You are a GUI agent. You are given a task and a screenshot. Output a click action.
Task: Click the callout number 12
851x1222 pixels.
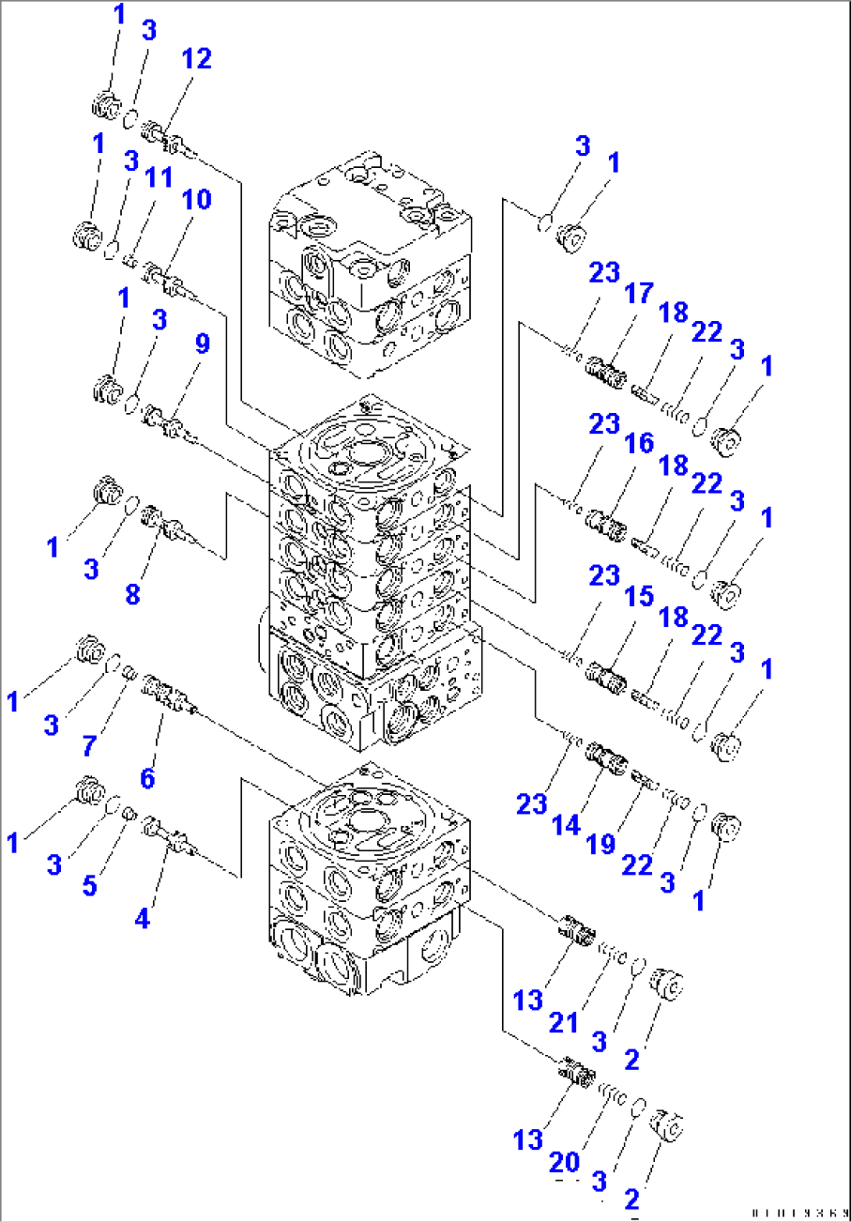(x=197, y=59)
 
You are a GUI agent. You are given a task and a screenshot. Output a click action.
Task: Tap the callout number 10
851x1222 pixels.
(x=197, y=200)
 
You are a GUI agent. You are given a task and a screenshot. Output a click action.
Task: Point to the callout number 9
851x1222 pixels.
(x=202, y=344)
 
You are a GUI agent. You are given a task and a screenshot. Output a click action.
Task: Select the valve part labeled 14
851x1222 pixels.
(x=607, y=757)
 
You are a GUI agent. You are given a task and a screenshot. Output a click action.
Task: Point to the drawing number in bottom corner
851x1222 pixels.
(x=797, y=1210)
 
